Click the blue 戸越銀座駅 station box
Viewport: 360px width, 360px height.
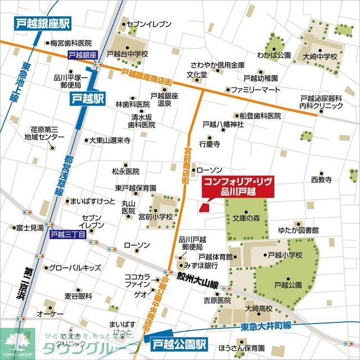click(40, 24)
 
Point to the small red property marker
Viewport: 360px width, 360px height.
click(204, 208)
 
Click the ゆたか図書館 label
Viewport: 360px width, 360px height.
click(298, 230)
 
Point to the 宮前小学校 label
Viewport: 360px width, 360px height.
click(156, 217)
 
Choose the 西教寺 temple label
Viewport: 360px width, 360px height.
click(321, 179)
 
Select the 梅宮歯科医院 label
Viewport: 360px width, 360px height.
click(71, 43)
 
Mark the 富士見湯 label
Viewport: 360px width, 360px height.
click(30, 228)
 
